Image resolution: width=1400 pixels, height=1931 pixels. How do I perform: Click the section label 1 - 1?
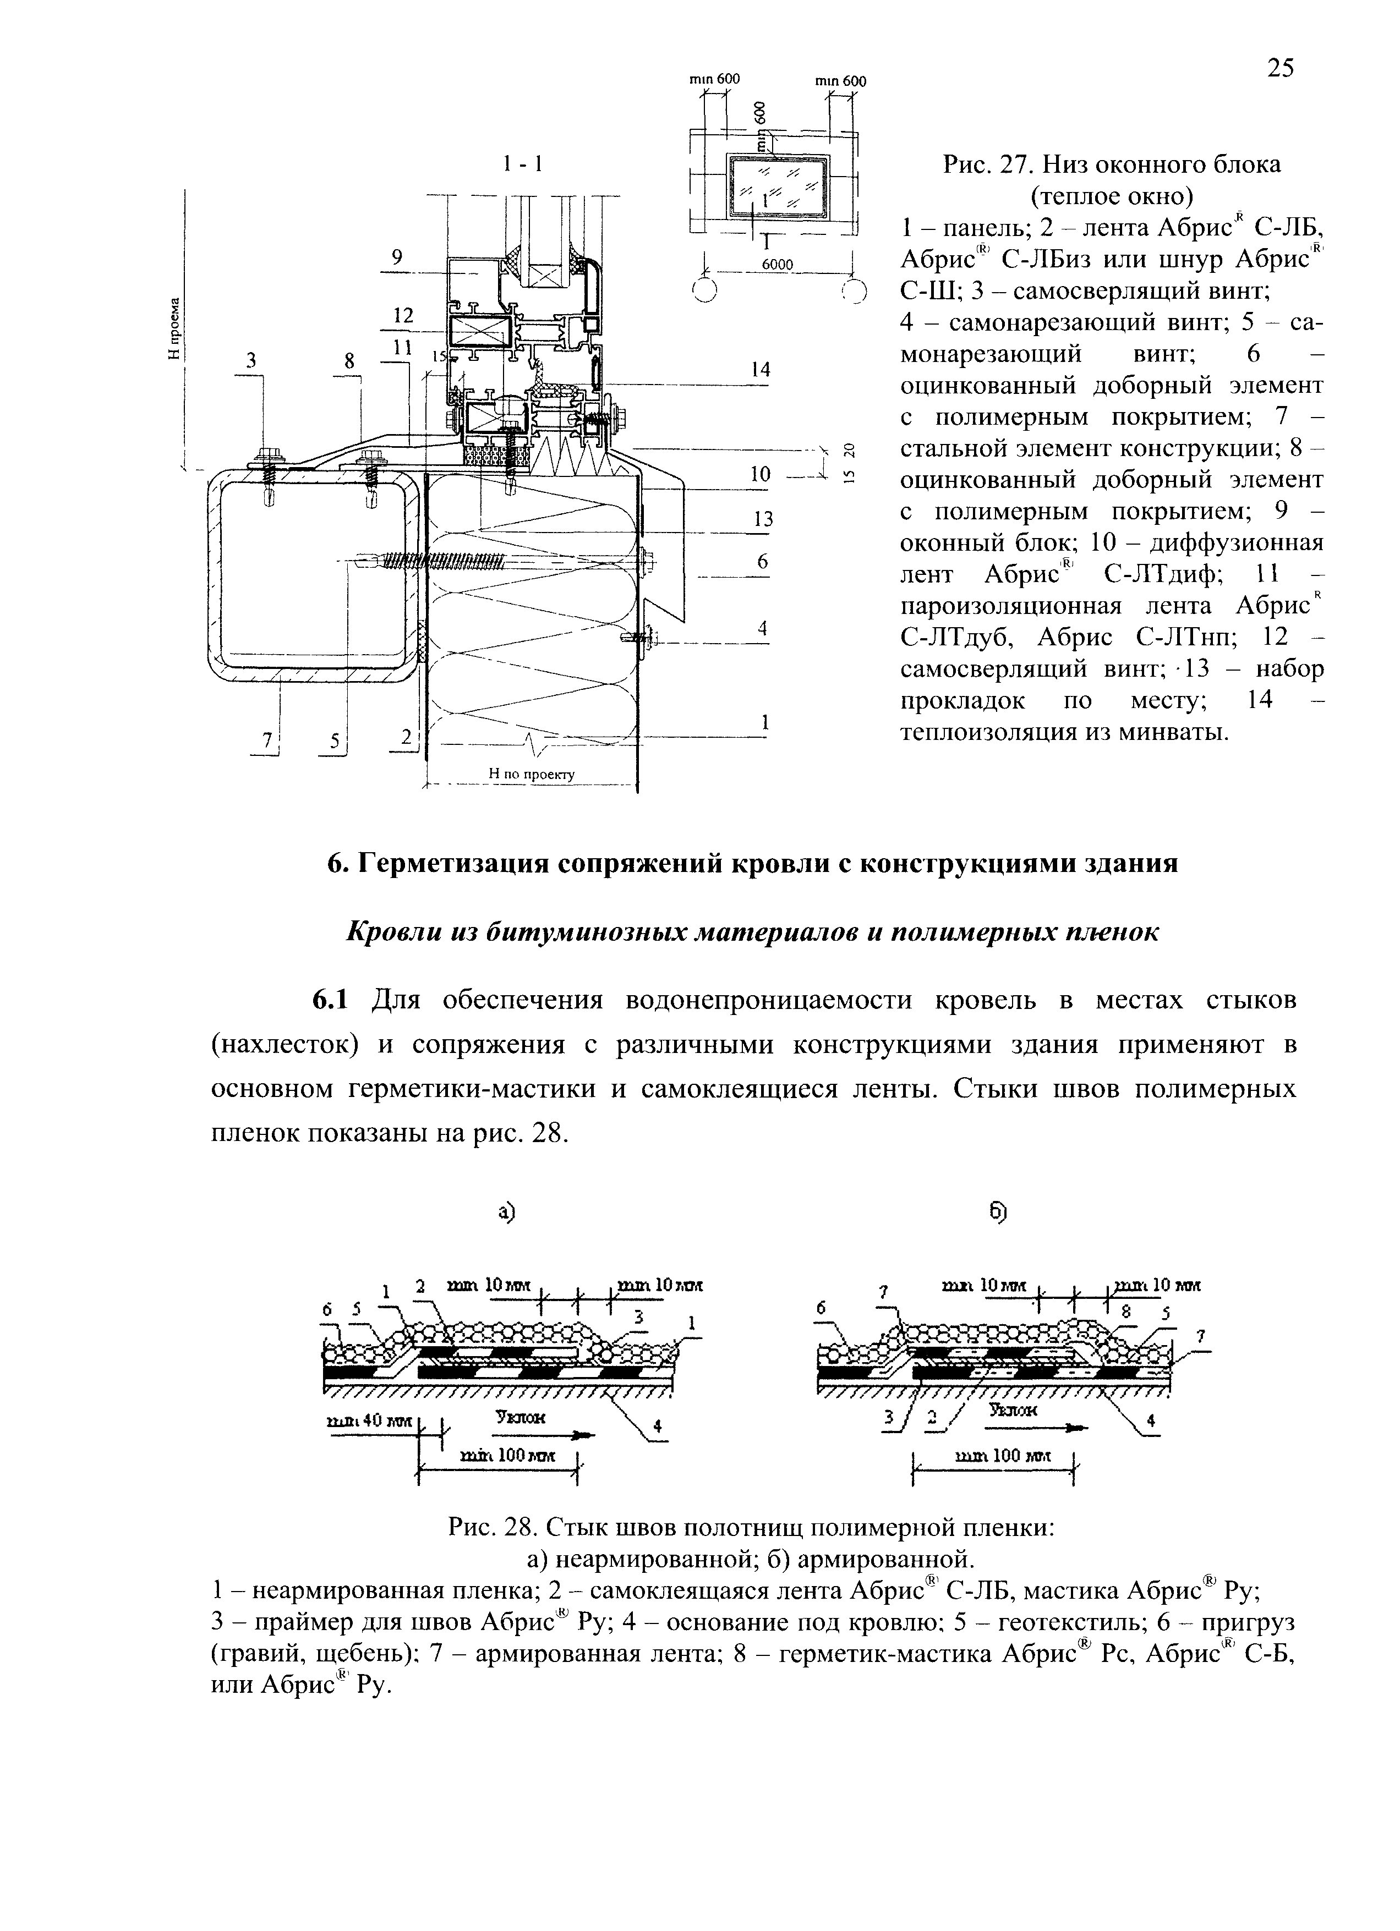pyautogui.click(x=522, y=163)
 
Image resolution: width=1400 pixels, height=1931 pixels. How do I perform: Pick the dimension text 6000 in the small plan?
pyautogui.click(x=776, y=264)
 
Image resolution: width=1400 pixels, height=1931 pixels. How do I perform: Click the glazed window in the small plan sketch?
pyautogui.click(x=775, y=186)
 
